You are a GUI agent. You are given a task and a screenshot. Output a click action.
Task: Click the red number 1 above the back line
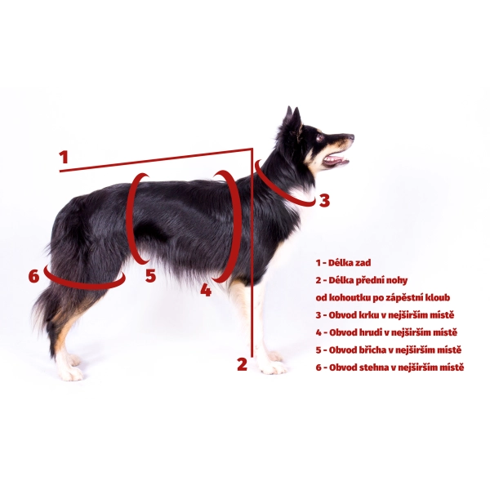64,157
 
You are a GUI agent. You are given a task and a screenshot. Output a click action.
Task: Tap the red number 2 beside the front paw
242,364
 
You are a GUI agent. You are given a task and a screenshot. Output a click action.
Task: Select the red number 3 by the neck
324,201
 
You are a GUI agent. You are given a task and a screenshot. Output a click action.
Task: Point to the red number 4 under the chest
206,290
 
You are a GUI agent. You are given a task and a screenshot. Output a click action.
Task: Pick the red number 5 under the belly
150,276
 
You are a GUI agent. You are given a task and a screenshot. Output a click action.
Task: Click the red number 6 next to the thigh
34,276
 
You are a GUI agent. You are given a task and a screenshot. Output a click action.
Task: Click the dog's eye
319,137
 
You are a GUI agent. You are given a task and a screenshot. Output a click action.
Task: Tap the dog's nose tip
351,136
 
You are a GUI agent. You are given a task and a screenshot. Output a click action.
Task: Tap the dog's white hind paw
71,372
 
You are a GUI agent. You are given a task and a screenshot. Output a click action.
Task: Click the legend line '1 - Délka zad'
343,263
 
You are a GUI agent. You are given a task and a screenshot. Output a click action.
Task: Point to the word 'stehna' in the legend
375,367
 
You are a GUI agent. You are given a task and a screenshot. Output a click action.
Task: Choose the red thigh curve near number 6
84,285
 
